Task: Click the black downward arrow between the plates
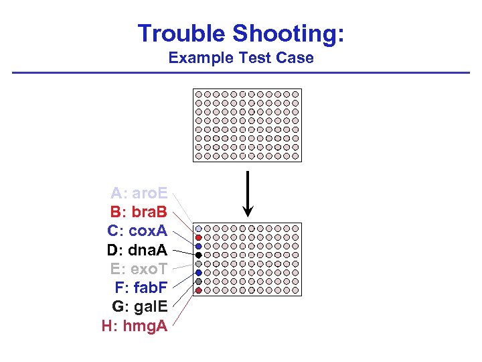pos(248,194)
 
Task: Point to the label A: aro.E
pos(139,194)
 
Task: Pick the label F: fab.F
pos(141,289)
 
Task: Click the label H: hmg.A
pos(134,327)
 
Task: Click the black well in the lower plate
pos(199,255)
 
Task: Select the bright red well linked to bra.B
pos(199,238)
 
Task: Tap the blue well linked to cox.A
pos(199,247)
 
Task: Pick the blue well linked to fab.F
pos(199,273)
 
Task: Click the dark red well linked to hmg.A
pos(199,290)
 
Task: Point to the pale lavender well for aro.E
pos(199,229)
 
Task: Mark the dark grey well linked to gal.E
pos(199,282)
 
